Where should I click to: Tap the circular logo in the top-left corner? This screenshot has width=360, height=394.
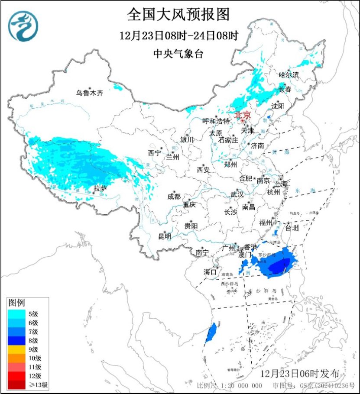point(24,26)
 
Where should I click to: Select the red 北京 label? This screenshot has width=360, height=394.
point(242,115)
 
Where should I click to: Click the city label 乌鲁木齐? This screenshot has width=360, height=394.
point(90,93)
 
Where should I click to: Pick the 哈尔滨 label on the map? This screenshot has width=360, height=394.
point(289,75)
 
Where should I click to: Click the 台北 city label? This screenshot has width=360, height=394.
point(292,226)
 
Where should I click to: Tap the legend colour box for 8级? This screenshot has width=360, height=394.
point(17,340)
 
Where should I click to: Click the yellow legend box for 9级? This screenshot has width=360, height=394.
point(17,349)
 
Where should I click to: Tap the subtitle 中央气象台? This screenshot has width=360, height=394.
point(178,53)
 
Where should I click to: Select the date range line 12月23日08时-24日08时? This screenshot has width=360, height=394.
point(179,36)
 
